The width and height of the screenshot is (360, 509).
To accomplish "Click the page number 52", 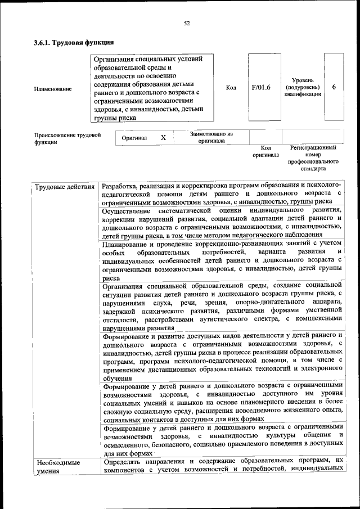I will pyautogui.click(x=187, y=23).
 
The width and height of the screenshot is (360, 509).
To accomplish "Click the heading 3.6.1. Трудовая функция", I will pyautogui.click(x=74, y=43).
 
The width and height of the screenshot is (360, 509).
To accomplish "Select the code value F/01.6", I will pyautogui.click(x=261, y=88).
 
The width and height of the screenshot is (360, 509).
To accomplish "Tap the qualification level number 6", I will pyautogui.click(x=334, y=88).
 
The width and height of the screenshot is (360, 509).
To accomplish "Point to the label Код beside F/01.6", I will pyautogui.click(x=231, y=88).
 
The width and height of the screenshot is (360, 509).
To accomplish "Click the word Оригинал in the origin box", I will pyautogui.click(x=134, y=138).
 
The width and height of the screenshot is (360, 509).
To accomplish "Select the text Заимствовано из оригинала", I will pyautogui.click(x=211, y=138).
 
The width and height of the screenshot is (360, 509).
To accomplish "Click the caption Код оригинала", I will pyautogui.click(x=265, y=151).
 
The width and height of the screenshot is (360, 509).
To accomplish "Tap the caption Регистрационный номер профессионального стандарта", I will pyautogui.click(x=313, y=158).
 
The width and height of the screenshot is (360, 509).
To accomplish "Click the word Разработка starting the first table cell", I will pyautogui.click(x=122, y=186).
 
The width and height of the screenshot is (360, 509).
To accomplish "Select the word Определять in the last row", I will pyautogui.click(x=125, y=462).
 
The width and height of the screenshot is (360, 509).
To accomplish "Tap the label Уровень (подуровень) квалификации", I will pyautogui.click(x=303, y=88).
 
